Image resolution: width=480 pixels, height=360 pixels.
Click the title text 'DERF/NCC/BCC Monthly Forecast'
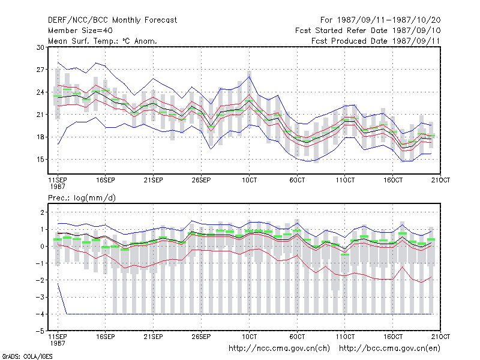click(x=112, y=20)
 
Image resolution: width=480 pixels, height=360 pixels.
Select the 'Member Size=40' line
click(x=80, y=31)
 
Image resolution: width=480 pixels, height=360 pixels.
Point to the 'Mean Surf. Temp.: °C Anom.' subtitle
click(x=102, y=41)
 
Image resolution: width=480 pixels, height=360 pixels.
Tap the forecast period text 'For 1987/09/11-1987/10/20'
click(x=380, y=20)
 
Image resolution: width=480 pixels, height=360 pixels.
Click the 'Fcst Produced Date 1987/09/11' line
click(x=376, y=41)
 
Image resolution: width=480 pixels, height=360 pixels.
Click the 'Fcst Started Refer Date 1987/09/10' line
click(x=368, y=31)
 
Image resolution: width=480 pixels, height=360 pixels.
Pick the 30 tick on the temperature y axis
click(x=40, y=47)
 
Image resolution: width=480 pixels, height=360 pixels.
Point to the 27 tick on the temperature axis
click(x=40, y=70)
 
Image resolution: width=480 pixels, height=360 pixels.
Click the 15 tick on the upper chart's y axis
click(x=40, y=160)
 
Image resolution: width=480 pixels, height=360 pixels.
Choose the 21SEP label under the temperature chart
click(x=154, y=180)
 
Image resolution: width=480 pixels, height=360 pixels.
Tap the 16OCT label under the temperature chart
click(x=393, y=180)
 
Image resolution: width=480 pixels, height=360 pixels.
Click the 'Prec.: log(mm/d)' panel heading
click(x=82, y=198)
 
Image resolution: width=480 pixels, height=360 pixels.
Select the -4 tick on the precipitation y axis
click(x=40, y=314)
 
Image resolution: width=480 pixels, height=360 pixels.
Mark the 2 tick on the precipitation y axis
click(x=42, y=212)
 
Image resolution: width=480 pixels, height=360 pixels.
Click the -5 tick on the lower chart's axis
click(x=40, y=331)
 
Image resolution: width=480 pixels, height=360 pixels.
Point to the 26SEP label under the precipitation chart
click(x=201, y=337)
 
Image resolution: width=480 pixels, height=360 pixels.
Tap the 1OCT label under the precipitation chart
click(x=249, y=337)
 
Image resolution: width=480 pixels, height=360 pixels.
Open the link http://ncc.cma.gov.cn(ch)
click(x=279, y=349)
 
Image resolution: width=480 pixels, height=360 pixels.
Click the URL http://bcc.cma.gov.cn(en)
click(x=389, y=349)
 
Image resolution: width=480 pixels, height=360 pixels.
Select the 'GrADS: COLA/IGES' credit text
click(x=27, y=356)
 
